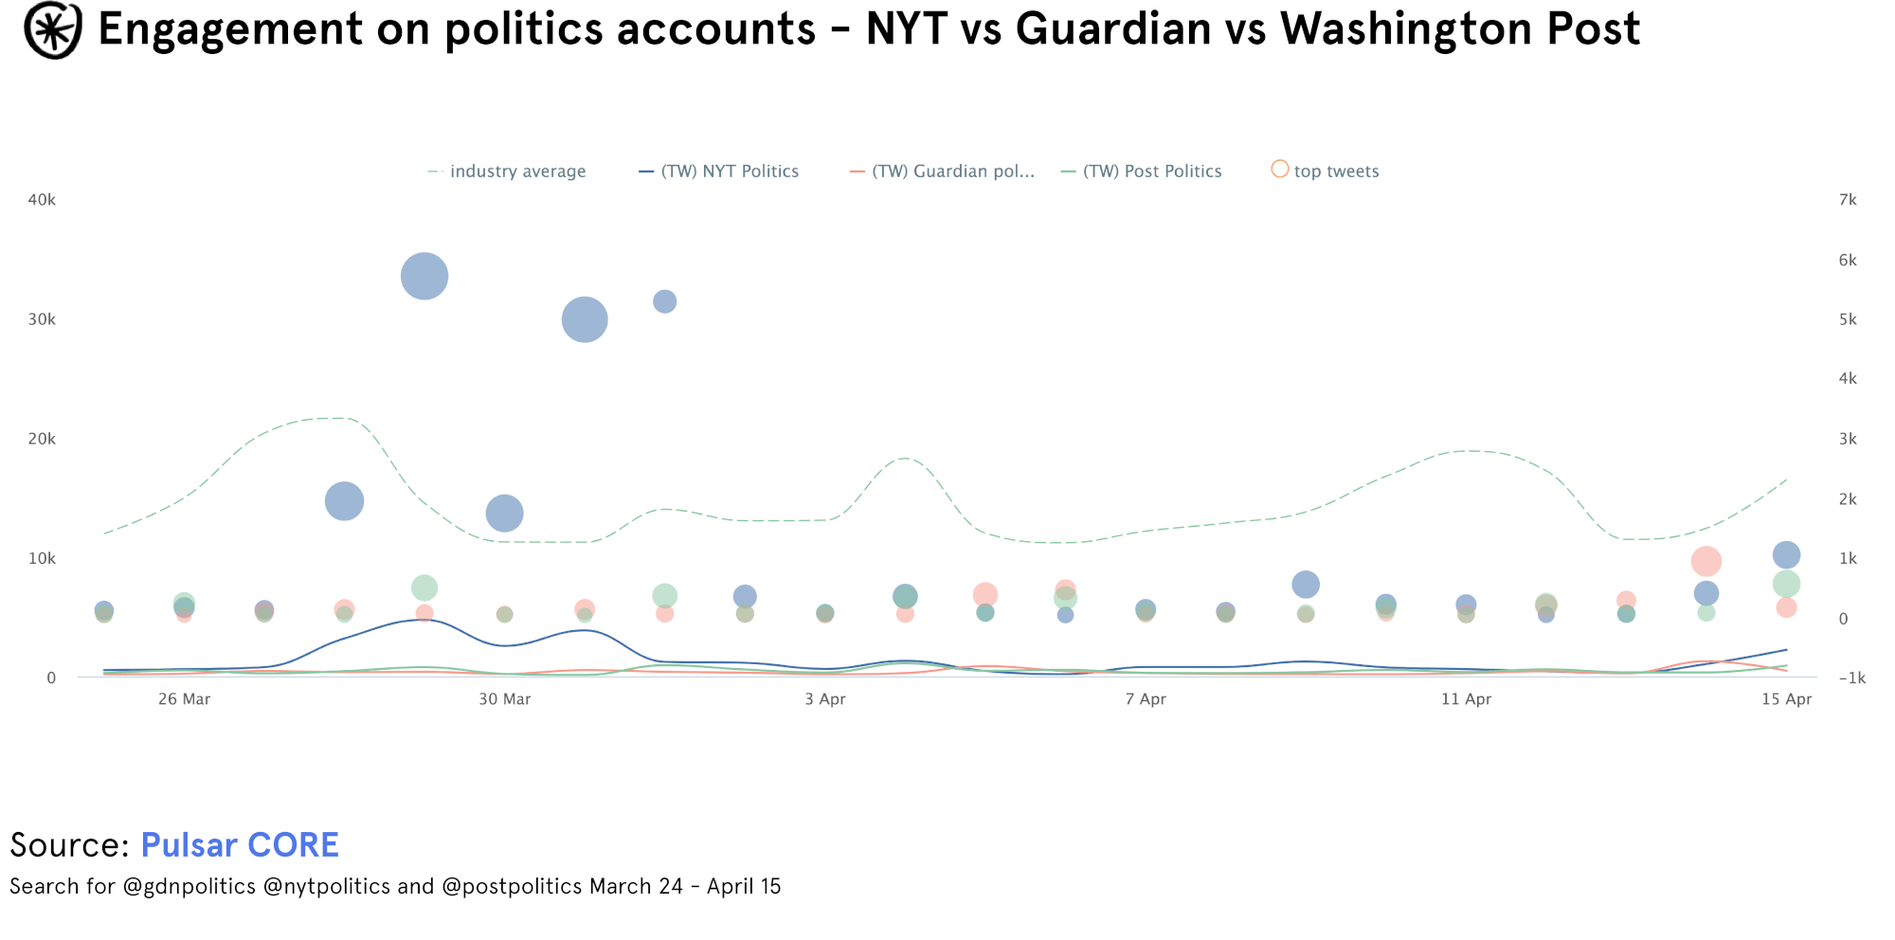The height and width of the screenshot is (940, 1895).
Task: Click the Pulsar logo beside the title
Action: (53, 29)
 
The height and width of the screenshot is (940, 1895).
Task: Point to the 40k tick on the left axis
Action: (42, 200)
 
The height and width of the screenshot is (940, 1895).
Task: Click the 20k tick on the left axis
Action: (42, 439)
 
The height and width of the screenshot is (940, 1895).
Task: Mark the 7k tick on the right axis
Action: (1848, 200)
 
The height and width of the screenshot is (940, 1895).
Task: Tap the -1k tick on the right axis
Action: (1851, 678)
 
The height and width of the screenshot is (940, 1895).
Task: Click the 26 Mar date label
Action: (184, 699)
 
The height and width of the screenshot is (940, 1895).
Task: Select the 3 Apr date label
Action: (825, 699)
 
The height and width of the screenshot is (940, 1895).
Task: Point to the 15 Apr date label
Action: (1786, 699)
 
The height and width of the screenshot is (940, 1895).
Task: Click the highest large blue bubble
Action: (424, 277)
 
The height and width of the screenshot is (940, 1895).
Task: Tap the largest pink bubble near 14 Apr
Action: (1705, 561)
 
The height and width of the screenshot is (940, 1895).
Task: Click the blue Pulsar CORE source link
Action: (240, 845)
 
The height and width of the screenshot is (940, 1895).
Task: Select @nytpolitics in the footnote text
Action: (326, 887)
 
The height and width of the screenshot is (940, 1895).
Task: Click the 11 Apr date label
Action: (1466, 699)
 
